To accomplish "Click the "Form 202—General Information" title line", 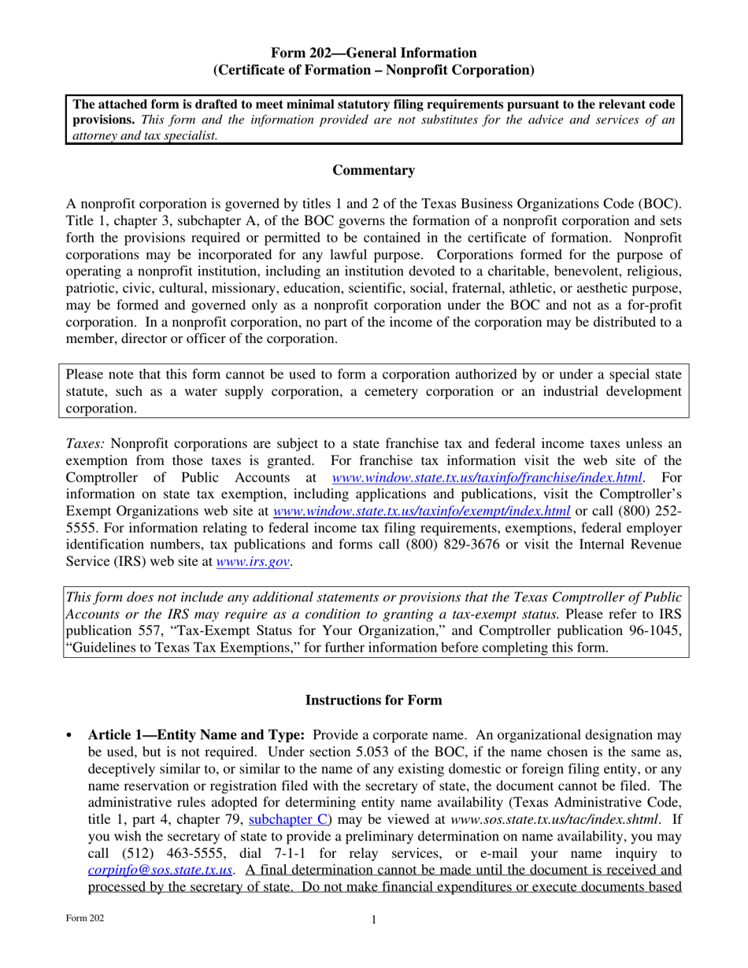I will (374, 53).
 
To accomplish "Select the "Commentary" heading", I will (373, 170).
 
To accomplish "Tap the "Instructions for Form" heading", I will (373, 700).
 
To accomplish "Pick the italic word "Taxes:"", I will (84, 443).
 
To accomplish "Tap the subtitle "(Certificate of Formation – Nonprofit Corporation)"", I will (374, 70).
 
